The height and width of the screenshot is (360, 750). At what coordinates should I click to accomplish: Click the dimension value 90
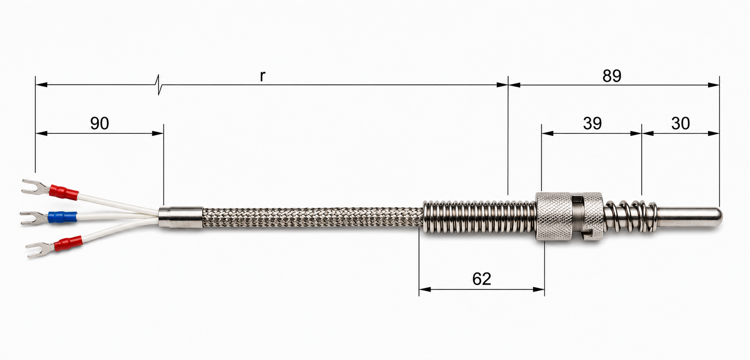pyautogui.click(x=99, y=123)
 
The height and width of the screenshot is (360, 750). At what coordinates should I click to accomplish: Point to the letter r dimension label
pyautogui.click(x=262, y=76)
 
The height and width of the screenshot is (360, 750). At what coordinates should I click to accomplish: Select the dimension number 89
pyautogui.click(x=612, y=76)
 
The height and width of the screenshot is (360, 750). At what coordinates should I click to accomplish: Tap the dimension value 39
pyautogui.click(x=592, y=123)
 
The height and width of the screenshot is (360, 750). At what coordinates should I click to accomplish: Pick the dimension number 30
pyautogui.click(x=680, y=123)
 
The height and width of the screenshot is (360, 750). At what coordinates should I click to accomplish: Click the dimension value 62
pyautogui.click(x=481, y=279)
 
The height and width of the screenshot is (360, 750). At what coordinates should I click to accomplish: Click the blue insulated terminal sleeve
pyautogui.click(x=62, y=217)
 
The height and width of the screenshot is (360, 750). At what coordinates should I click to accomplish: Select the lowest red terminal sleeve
pyautogui.click(x=68, y=244)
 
